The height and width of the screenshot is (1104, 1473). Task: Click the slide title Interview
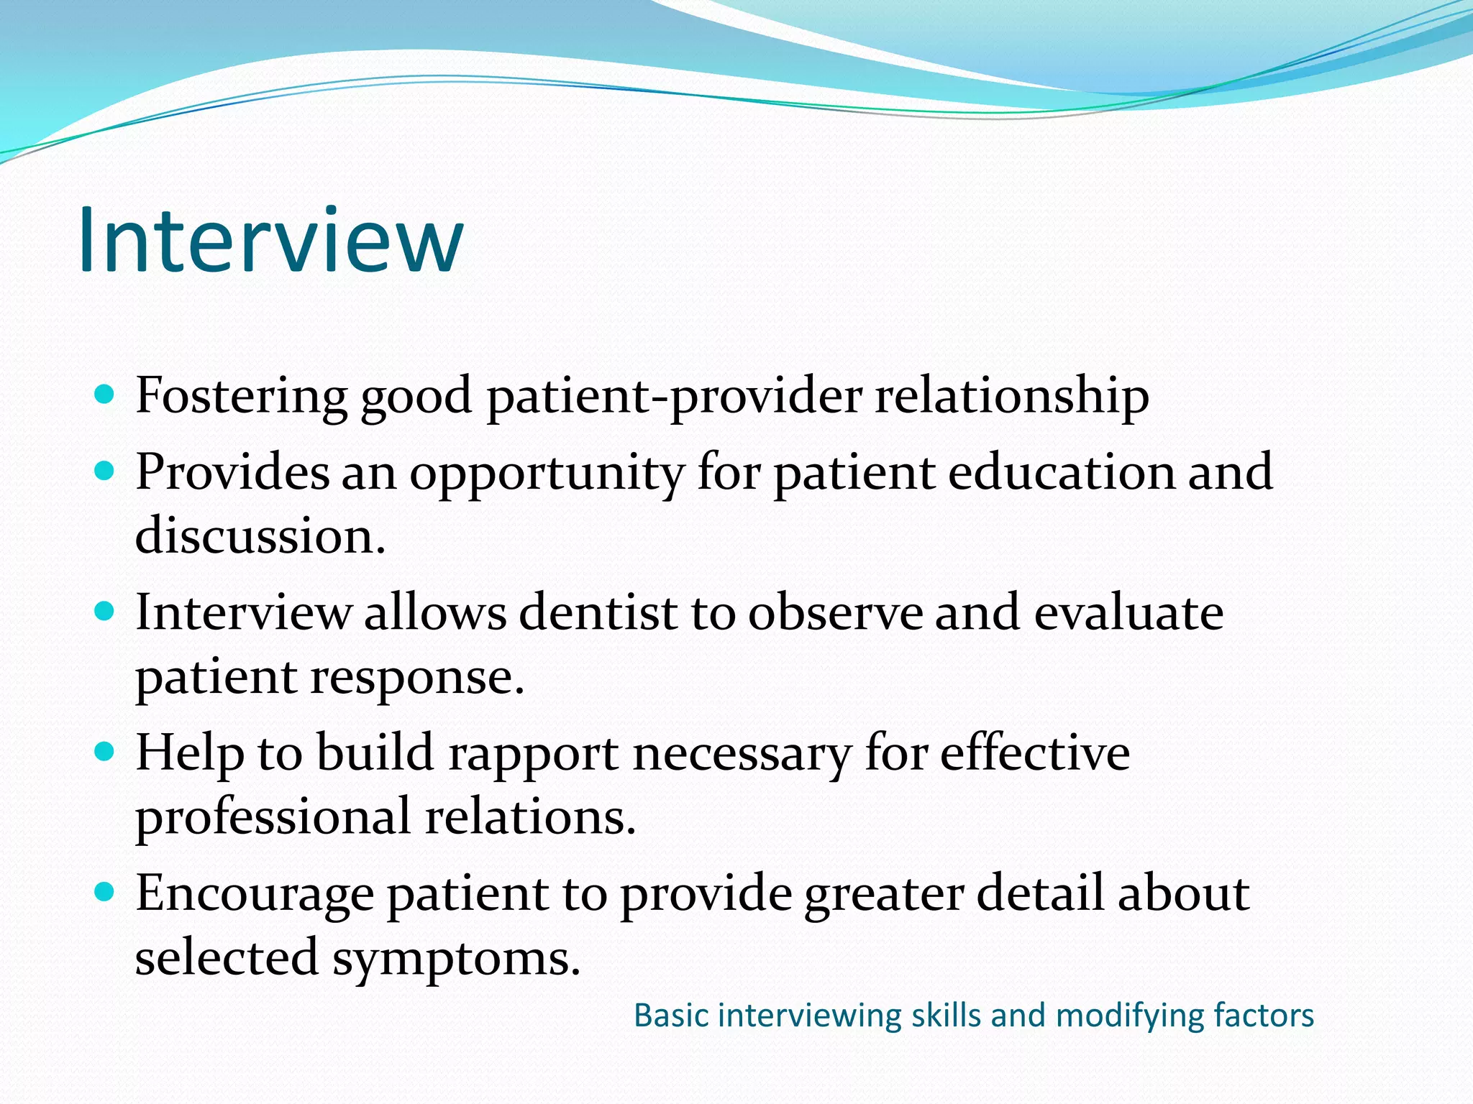click(270, 240)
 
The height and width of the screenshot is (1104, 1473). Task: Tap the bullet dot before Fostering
click(105, 395)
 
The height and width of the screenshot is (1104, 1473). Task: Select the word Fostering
click(242, 396)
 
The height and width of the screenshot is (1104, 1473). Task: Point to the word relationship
click(1011, 396)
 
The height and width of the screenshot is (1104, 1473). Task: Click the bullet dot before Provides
click(105, 471)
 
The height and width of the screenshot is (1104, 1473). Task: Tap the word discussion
click(259, 536)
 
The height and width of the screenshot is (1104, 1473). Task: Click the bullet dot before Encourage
click(105, 893)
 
